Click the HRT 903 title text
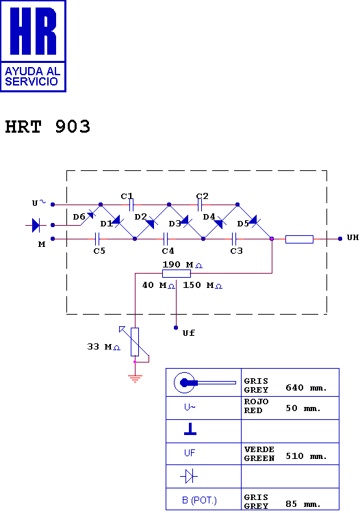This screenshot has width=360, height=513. coord(47,127)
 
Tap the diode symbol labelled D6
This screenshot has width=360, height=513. coord(91,215)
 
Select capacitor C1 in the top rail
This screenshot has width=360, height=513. coord(131,205)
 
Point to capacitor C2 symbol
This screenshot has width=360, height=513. coord(200,205)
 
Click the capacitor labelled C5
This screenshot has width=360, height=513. coord(97,239)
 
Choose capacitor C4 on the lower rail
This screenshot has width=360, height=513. coord(166,239)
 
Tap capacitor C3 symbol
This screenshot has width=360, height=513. coord(234,239)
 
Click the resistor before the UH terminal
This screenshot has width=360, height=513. coord(299,239)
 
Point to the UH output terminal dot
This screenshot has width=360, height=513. coord(340,239)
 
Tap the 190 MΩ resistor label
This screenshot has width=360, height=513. coord(182,265)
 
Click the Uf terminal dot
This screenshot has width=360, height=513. coord(176,328)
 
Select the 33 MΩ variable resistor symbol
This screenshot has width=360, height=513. coord(135,342)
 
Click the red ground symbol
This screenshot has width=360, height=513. coord(135,379)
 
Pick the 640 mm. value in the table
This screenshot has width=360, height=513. coord(307,388)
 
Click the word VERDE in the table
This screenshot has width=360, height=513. coord(259,449)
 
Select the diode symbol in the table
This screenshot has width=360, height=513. coord(189,476)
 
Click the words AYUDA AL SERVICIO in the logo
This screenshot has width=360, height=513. coord(32,76)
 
